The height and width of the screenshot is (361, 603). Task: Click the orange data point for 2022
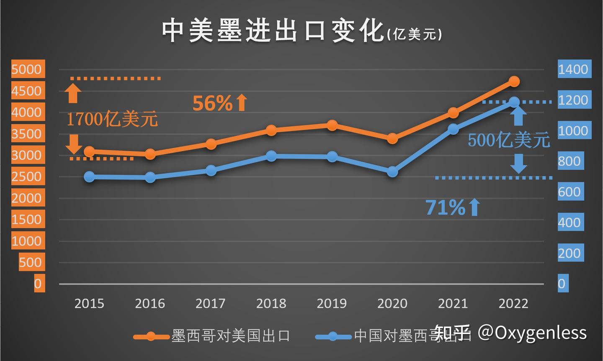[514, 81]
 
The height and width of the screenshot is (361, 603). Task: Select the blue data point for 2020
[392, 172]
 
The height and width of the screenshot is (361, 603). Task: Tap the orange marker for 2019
[332, 125]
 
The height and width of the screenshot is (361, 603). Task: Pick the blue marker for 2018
[271, 156]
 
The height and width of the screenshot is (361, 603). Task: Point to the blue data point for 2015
[89, 177]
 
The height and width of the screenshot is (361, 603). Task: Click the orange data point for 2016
[150, 154]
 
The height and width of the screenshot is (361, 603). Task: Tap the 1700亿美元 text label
[112, 120]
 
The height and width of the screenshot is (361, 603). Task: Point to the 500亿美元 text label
[508, 140]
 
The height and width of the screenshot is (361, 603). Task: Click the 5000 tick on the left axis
[27, 69]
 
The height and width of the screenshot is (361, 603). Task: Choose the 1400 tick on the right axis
[573, 69]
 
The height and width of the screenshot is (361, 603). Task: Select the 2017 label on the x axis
[211, 303]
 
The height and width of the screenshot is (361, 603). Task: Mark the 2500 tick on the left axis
[27, 176]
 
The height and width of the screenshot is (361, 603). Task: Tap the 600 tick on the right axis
[569, 192]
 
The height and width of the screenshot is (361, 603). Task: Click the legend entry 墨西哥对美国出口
[230, 335]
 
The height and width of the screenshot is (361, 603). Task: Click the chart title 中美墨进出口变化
[272, 31]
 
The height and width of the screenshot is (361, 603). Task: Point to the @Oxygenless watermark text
[532, 333]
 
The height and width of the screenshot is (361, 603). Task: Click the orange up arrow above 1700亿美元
[73, 93]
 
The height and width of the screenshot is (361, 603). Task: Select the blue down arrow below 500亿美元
[519, 164]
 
